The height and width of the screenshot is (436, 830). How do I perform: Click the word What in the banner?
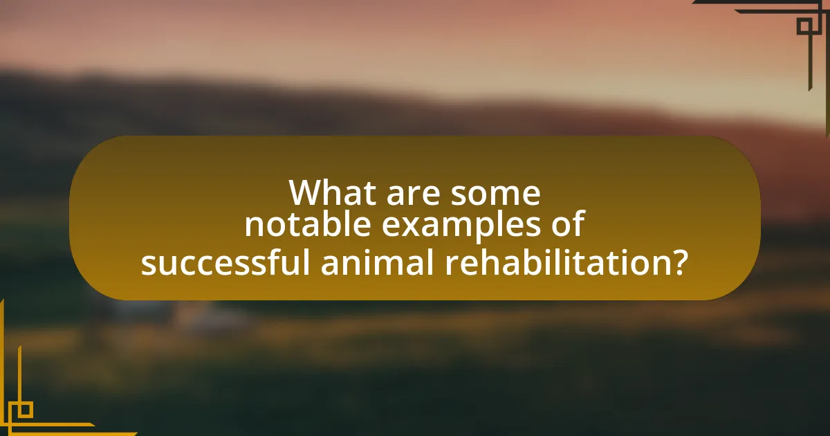point(332,193)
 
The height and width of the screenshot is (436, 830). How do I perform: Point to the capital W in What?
point(307,193)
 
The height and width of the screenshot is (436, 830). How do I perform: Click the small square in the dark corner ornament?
point(805,26)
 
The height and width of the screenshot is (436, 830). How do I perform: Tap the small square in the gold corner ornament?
point(24,410)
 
